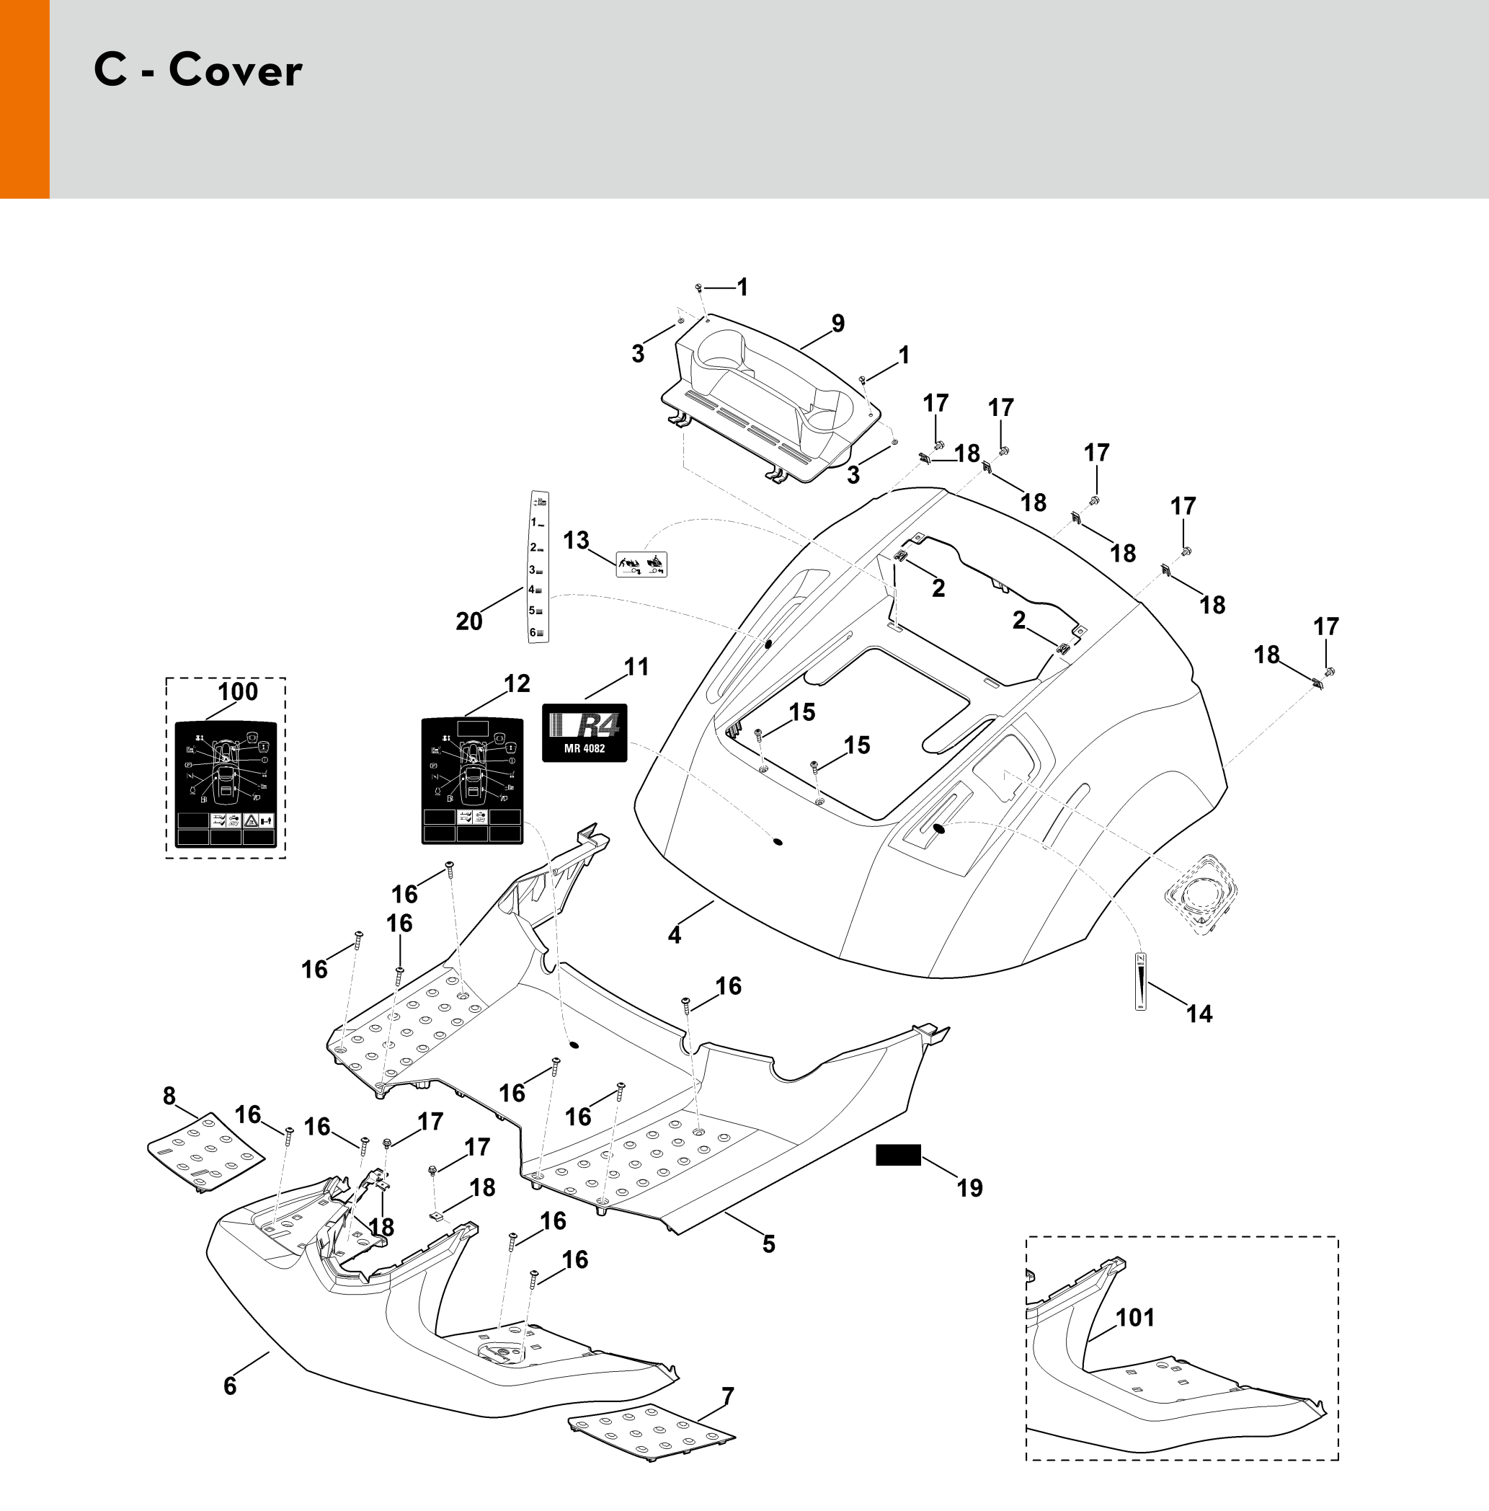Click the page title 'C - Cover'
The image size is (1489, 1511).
(198, 71)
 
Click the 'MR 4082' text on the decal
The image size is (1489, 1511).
(585, 748)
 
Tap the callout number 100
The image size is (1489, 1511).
(238, 691)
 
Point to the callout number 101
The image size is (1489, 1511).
(1134, 1318)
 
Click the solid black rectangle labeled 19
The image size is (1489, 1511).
(898, 1155)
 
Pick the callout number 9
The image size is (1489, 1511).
(837, 323)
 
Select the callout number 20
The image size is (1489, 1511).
(469, 621)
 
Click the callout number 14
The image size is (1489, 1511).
(1199, 1014)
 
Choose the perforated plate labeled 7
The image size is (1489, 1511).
(651, 1441)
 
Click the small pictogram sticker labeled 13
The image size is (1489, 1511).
(641, 564)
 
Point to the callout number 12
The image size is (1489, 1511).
(517, 683)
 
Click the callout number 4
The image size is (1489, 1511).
(674, 934)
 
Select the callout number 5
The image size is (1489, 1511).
(769, 1244)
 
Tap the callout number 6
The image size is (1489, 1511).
(230, 1386)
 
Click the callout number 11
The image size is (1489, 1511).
(636, 667)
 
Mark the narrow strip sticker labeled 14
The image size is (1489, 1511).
(1141, 982)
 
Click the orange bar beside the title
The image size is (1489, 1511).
(25, 99)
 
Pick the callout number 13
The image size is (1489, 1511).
(577, 541)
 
